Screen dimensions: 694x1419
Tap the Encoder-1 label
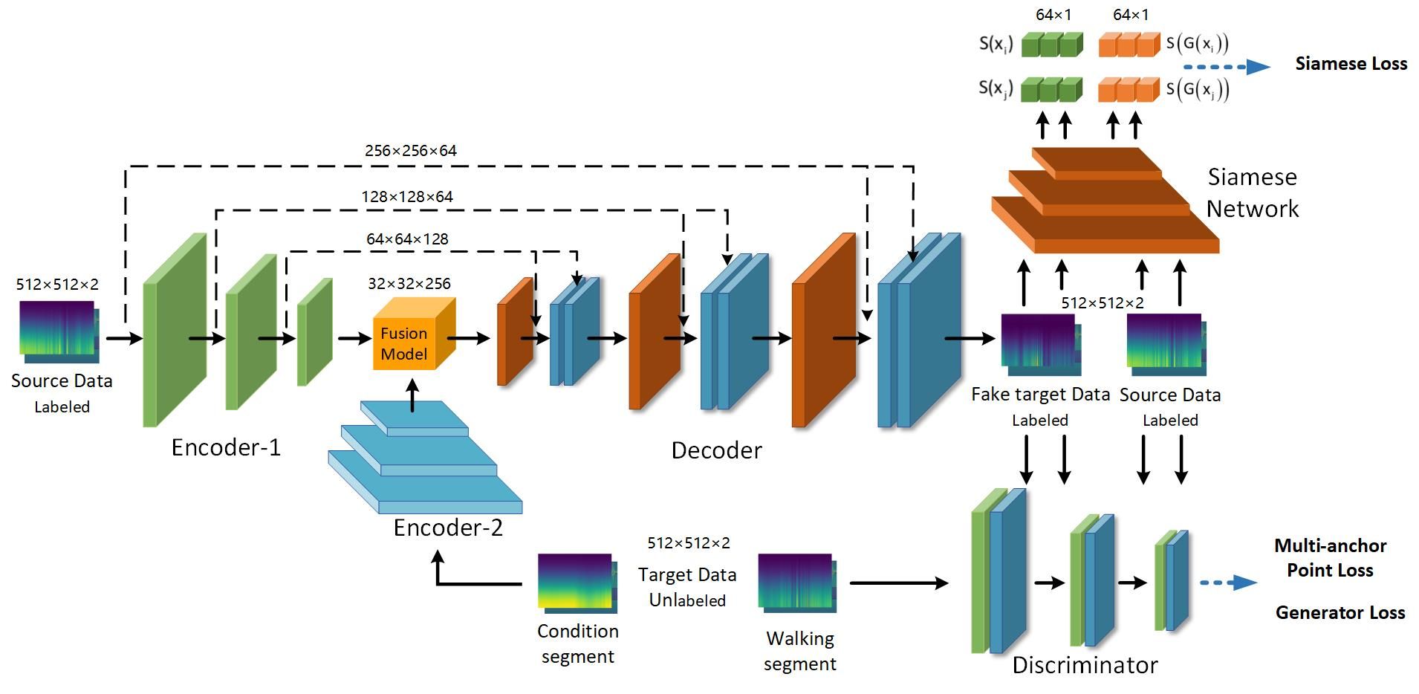[226, 447]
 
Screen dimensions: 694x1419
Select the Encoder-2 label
[448, 528]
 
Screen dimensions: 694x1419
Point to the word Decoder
[716, 450]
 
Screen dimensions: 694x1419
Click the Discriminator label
[1085, 665]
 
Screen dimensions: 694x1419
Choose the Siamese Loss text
[1351, 64]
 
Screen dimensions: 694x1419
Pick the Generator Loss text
[1340, 613]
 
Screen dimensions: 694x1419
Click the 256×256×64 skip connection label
[410, 151]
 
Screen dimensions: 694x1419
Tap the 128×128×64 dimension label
[407, 197]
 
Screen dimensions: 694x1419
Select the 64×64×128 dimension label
[407, 239]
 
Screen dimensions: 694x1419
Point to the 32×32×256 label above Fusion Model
[409, 284]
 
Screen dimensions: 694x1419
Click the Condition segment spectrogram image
[577, 583]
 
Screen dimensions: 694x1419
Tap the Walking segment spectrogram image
[796, 583]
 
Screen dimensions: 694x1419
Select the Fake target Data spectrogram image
[1039, 343]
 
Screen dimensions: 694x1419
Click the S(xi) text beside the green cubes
[996, 44]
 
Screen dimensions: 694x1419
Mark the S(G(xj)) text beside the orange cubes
[1198, 89]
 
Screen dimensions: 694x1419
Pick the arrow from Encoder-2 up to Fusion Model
[413, 395]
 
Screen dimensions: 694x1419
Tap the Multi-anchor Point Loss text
[1330, 558]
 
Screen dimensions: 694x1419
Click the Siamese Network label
[1252, 192]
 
